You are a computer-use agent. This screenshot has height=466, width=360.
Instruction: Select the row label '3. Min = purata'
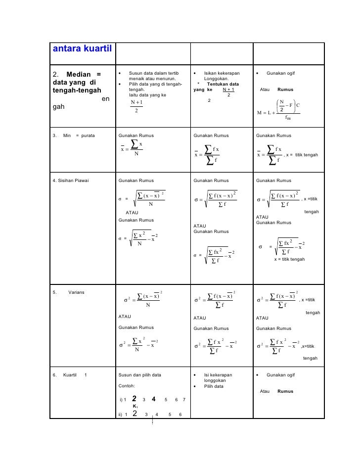(74, 135)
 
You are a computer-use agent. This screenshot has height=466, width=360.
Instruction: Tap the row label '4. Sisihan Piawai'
(70, 180)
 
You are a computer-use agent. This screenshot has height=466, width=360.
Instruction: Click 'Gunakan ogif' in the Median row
(280, 74)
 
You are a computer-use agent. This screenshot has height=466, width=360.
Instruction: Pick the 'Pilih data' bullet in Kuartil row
(214, 386)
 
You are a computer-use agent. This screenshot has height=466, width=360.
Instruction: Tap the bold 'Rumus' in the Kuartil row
(285, 392)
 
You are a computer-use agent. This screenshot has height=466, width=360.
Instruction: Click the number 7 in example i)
(184, 399)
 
